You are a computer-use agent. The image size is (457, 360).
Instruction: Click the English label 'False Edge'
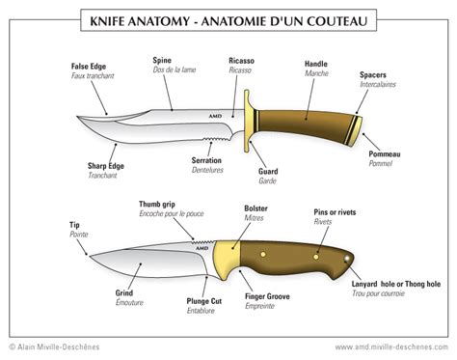[89, 67]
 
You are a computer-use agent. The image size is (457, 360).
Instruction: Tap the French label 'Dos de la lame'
[175, 69]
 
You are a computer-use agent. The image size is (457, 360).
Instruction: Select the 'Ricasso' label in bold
[241, 61]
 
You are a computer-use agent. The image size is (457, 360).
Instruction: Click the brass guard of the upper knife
[247, 121]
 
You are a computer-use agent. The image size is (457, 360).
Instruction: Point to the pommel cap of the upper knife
[355, 131]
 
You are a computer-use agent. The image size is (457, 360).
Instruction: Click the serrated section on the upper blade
[216, 139]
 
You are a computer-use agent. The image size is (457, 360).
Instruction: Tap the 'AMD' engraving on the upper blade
[215, 116]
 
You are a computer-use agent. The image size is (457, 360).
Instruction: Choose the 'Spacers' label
[373, 75]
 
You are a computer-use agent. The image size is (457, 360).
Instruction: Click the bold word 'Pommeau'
[385, 154]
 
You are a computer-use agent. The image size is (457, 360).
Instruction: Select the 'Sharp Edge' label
[106, 166]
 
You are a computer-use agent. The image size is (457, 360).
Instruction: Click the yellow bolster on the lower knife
[227, 259]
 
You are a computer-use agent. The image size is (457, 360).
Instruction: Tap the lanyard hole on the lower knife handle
[347, 259]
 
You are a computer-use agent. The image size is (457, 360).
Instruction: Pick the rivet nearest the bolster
[263, 255]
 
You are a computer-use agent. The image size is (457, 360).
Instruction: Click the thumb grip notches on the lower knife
[202, 241]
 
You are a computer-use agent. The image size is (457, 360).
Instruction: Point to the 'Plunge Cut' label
[204, 301]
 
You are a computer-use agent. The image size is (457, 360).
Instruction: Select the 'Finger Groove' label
[267, 296]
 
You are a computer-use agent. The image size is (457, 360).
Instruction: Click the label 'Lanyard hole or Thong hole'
[396, 284]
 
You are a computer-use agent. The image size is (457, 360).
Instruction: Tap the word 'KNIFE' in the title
[107, 21]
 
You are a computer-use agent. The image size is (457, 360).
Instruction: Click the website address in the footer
[391, 347]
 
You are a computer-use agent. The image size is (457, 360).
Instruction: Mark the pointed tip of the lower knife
[90, 256]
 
